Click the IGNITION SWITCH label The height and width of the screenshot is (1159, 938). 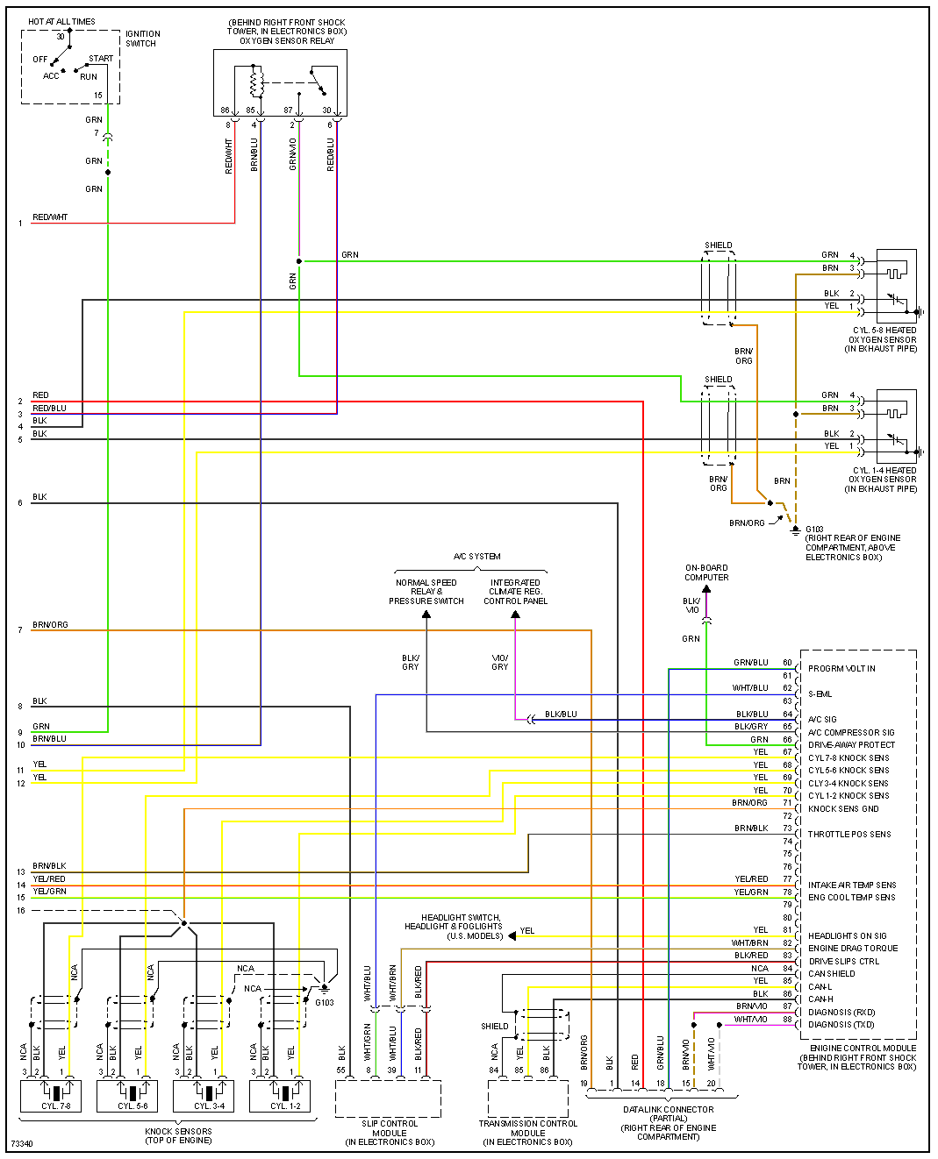(x=142, y=39)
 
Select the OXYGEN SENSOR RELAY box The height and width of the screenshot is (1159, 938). (x=280, y=82)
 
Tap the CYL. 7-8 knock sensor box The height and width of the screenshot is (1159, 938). (x=50, y=1096)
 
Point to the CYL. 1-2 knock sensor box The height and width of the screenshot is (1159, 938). (x=279, y=1096)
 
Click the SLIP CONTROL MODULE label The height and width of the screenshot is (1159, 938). (x=390, y=1133)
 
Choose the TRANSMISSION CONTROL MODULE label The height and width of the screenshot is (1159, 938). (x=527, y=1133)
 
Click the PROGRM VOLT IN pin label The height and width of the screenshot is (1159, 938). (x=841, y=669)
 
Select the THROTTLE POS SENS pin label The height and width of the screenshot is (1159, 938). (x=848, y=835)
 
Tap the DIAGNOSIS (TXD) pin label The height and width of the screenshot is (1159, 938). (x=841, y=1025)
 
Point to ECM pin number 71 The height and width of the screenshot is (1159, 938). (x=787, y=803)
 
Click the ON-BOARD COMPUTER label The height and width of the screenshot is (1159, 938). (x=706, y=572)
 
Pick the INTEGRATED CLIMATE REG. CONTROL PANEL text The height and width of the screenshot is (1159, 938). (x=515, y=592)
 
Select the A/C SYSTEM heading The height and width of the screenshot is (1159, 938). (x=476, y=557)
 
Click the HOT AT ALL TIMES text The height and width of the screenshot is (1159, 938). (x=61, y=22)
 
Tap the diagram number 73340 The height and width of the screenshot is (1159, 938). (x=22, y=1144)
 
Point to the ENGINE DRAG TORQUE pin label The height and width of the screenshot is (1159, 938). (x=853, y=949)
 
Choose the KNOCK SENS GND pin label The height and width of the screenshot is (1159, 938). (x=842, y=809)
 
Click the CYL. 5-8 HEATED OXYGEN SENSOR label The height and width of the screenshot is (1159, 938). (x=882, y=340)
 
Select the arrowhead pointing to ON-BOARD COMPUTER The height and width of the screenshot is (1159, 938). (x=706, y=589)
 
